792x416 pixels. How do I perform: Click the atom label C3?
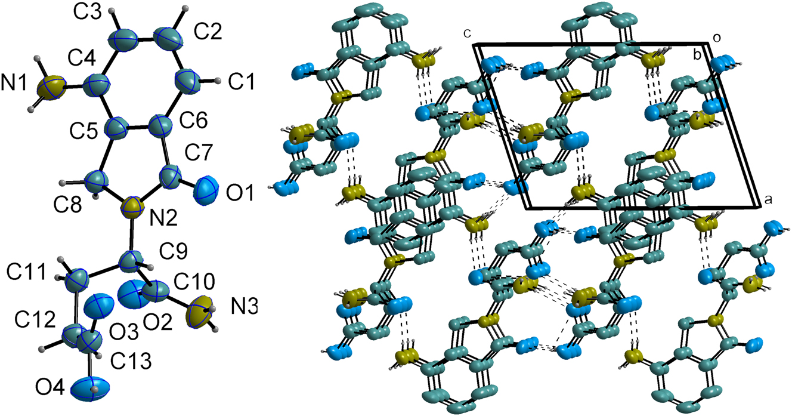87,12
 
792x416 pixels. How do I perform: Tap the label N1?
14,84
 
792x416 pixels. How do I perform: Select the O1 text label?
240,193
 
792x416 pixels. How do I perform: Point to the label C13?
131,361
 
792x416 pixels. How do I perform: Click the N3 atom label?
245,306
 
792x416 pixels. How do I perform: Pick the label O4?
50,387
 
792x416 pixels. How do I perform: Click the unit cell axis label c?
468,33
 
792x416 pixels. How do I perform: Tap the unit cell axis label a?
768,200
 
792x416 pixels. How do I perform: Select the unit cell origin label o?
717,38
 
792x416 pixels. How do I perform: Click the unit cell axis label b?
697,55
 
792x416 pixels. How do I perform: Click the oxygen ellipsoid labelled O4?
90,389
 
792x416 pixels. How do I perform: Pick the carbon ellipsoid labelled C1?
187,82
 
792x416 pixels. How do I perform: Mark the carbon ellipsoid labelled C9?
132,262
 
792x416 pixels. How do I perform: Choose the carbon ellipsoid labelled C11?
77,281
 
